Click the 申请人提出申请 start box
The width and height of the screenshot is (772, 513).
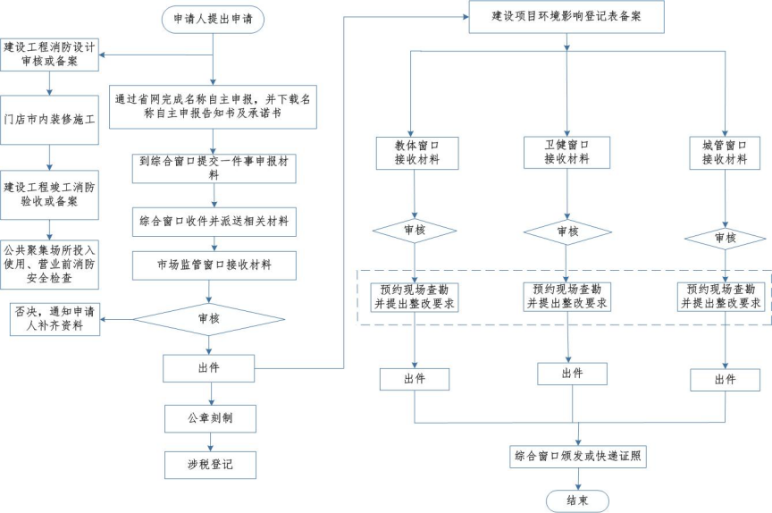[x=213, y=19]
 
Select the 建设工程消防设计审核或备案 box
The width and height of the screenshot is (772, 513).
[x=50, y=54]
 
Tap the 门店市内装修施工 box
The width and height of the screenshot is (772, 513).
[x=50, y=121]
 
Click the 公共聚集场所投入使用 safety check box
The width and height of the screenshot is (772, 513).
[x=50, y=264]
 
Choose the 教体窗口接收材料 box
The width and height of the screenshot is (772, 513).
[x=415, y=152]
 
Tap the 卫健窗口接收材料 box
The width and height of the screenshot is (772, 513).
[x=566, y=152]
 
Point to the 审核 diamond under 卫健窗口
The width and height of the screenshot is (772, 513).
[x=566, y=231]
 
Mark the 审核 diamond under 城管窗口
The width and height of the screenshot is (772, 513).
[x=725, y=238]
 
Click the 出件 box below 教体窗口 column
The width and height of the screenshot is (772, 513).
[x=415, y=379]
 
